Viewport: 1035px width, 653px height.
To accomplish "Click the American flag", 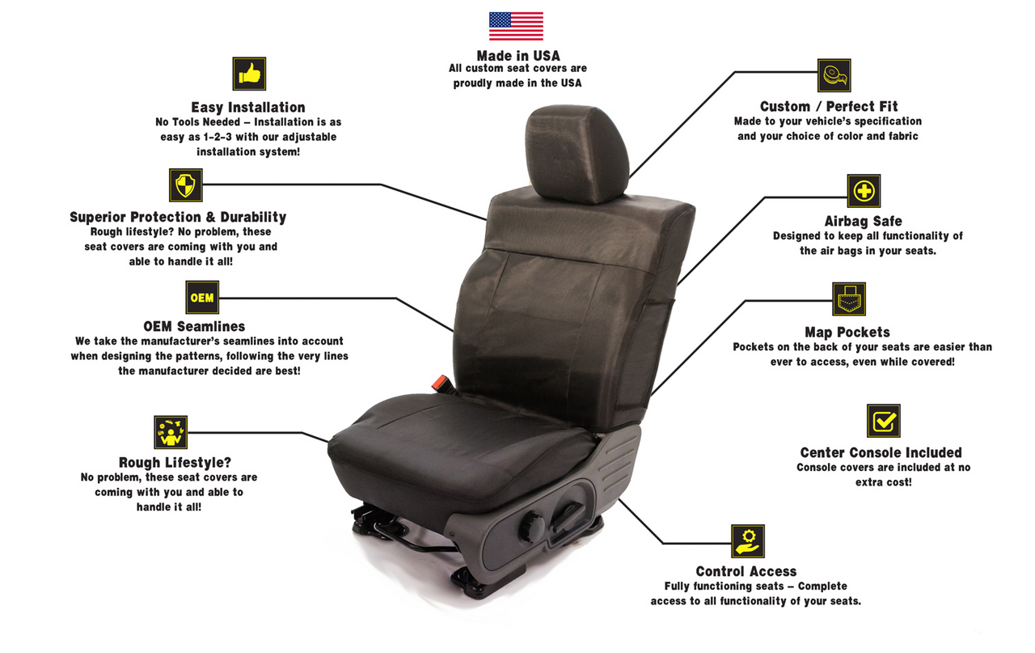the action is tap(516, 26).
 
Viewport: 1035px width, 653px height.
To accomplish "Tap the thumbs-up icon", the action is tap(249, 74).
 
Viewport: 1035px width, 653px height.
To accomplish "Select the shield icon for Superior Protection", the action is tap(186, 185).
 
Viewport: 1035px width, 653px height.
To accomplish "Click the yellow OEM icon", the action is tap(202, 297).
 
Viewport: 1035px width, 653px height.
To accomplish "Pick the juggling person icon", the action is tap(171, 432).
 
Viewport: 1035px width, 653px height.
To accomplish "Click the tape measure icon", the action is tap(834, 75).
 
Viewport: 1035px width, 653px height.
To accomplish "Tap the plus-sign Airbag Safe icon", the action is tap(864, 190).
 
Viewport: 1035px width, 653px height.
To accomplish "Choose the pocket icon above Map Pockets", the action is tap(849, 299).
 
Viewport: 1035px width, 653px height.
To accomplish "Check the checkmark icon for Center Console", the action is tap(884, 421).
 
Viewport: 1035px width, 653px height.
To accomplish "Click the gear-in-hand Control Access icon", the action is tap(748, 541).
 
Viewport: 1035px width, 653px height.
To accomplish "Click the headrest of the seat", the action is tap(577, 154).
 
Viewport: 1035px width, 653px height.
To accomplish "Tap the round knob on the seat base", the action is tap(531, 527).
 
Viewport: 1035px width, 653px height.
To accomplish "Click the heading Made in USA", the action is tap(518, 56).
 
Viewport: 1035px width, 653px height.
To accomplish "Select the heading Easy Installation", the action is tap(248, 108).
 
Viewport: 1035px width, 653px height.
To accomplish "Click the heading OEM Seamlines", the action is tap(194, 327).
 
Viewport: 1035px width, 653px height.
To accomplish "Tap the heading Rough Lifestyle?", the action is tap(175, 463).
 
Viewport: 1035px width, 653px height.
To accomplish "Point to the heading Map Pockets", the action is tap(847, 332).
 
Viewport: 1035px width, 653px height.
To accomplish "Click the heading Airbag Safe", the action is tap(863, 221).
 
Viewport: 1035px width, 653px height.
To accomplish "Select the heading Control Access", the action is tap(746, 571).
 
